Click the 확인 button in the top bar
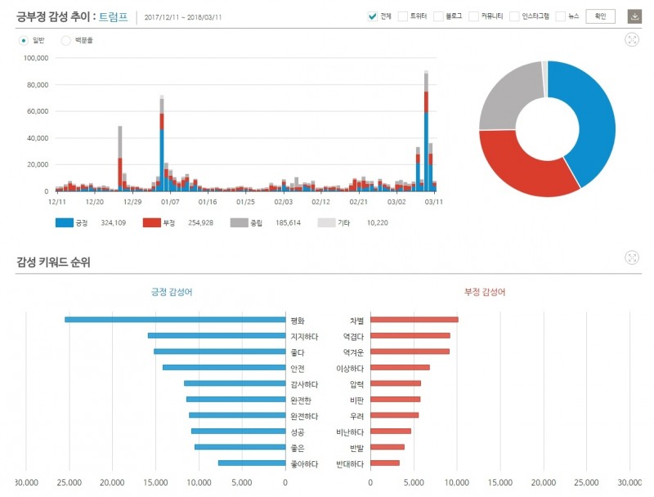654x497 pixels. point(600,16)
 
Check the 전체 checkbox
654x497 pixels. point(373,16)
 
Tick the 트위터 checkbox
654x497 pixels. point(402,16)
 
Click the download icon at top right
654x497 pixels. point(634,16)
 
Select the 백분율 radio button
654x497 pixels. point(65,39)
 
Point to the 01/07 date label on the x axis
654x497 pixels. point(170,201)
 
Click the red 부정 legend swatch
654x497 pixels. point(151,222)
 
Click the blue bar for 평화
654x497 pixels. point(175,320)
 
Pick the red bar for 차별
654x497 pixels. point(414,320)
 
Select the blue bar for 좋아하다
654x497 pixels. point(252,463)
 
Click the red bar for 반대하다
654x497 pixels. point(385,463)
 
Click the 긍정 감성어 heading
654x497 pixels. point(172,292)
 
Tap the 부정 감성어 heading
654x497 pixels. point(485,292)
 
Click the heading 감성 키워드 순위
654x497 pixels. point(53,262)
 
